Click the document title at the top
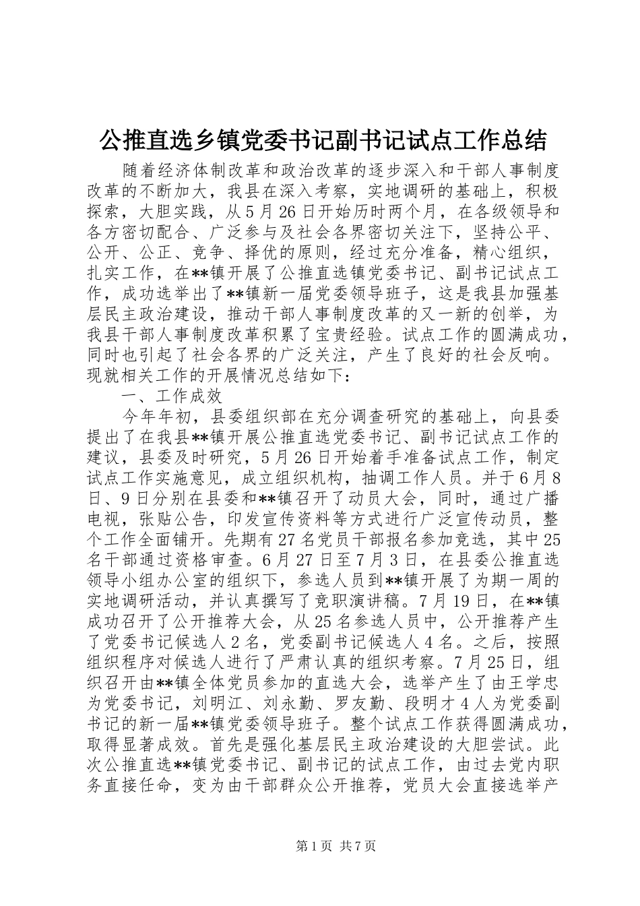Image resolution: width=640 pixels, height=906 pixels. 323,140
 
